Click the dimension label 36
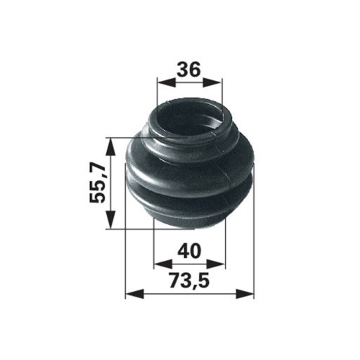tap(189, 70)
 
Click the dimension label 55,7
tap(98, 184)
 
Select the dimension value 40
tap(189, 250)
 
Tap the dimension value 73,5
tap(189, 280)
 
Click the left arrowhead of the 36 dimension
tap(167, 82)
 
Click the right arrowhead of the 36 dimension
tap(212, 82)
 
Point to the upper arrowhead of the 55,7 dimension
tap(111, 147)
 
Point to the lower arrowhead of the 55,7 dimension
tap(111, 219)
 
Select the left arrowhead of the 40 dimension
tap(163, 264)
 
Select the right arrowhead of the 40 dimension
tap(216, 264)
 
